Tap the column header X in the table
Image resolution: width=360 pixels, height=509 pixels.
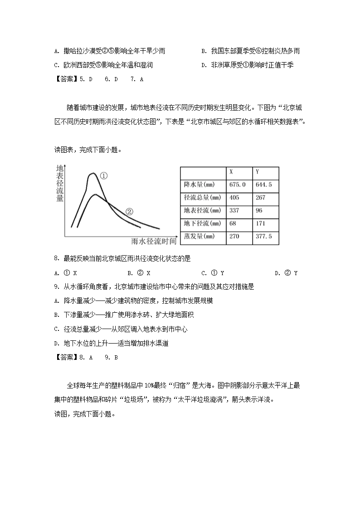coord(231,172)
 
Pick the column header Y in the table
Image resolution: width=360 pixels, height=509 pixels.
coord(257,172)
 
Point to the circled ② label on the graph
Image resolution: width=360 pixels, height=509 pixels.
coord(129,212)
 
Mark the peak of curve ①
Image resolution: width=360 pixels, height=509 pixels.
coord(92,173)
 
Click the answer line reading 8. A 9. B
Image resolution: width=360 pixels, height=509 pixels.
coord(86,357)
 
